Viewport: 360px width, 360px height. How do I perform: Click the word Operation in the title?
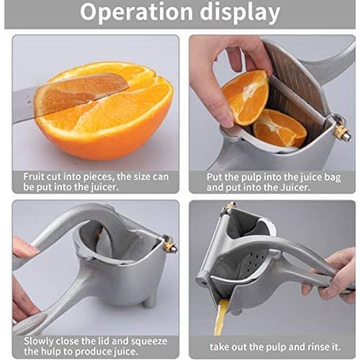pos(137,12)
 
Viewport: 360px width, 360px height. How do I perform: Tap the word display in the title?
pos(240,12)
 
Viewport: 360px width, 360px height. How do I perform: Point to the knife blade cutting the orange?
pos(72,95)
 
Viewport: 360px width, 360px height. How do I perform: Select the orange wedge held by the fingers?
pos(246,97)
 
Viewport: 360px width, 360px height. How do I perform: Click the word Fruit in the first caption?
pos(34,177)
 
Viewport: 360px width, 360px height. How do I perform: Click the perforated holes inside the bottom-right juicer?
pos(255,262)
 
